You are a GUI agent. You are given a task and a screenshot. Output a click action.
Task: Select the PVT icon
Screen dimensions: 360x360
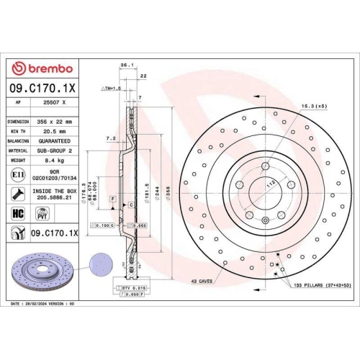[x=42, y=213]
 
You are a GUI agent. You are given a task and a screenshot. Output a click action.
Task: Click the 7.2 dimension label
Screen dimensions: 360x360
[x=110, y=137]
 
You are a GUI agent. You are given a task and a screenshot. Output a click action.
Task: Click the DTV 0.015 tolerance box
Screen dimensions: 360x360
[x=130, y=287]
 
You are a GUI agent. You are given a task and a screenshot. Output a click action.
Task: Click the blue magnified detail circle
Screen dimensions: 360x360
[x=99, y=264]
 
